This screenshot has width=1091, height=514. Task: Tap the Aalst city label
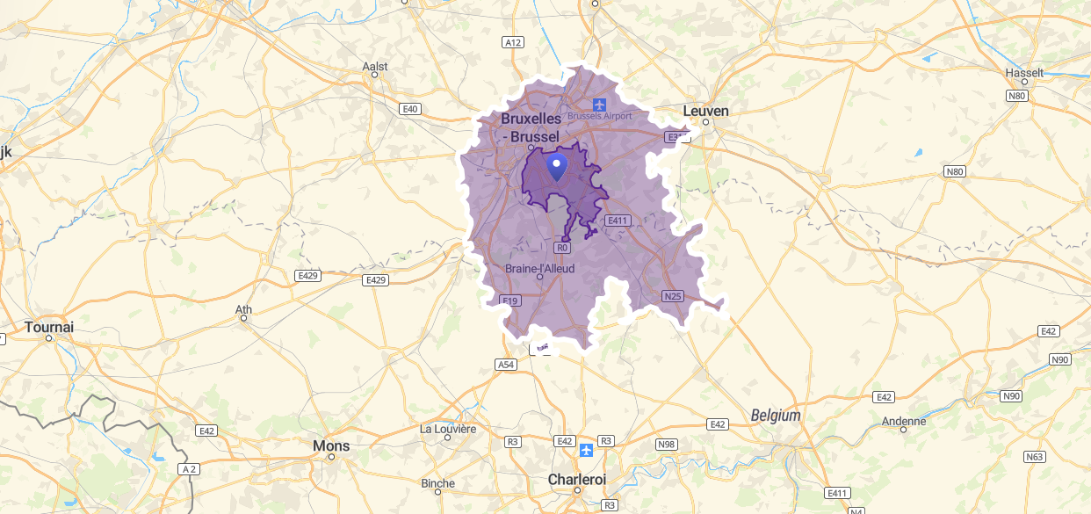pos(375,67)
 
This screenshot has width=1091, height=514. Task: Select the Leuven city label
pos(706,111)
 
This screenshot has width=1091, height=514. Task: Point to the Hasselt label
pos(1025,72)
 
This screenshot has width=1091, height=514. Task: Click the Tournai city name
pos(49,327)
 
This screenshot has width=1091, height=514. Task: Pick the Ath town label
pos(244,309)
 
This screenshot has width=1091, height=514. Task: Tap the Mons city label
pos(331,446)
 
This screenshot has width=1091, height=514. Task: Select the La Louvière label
pos(448,429)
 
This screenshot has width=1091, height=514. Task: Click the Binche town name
pos(438,483)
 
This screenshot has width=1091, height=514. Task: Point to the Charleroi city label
pos(577,480)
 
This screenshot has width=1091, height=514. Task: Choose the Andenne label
pos(904,421)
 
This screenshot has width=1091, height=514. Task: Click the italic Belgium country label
pos(776,416)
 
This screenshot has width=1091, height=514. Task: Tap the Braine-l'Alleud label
pos(539,268)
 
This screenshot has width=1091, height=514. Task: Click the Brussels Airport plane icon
pos(600,105)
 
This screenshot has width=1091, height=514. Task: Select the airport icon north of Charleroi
pos(586,450)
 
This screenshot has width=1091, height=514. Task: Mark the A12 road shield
pos(513,42)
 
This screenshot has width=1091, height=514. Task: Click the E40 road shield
pos(409,109)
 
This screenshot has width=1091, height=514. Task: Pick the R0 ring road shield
pos(563,248)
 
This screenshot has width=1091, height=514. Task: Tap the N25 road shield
pos(672,296)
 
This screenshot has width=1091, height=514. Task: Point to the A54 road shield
pos(506,364)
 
